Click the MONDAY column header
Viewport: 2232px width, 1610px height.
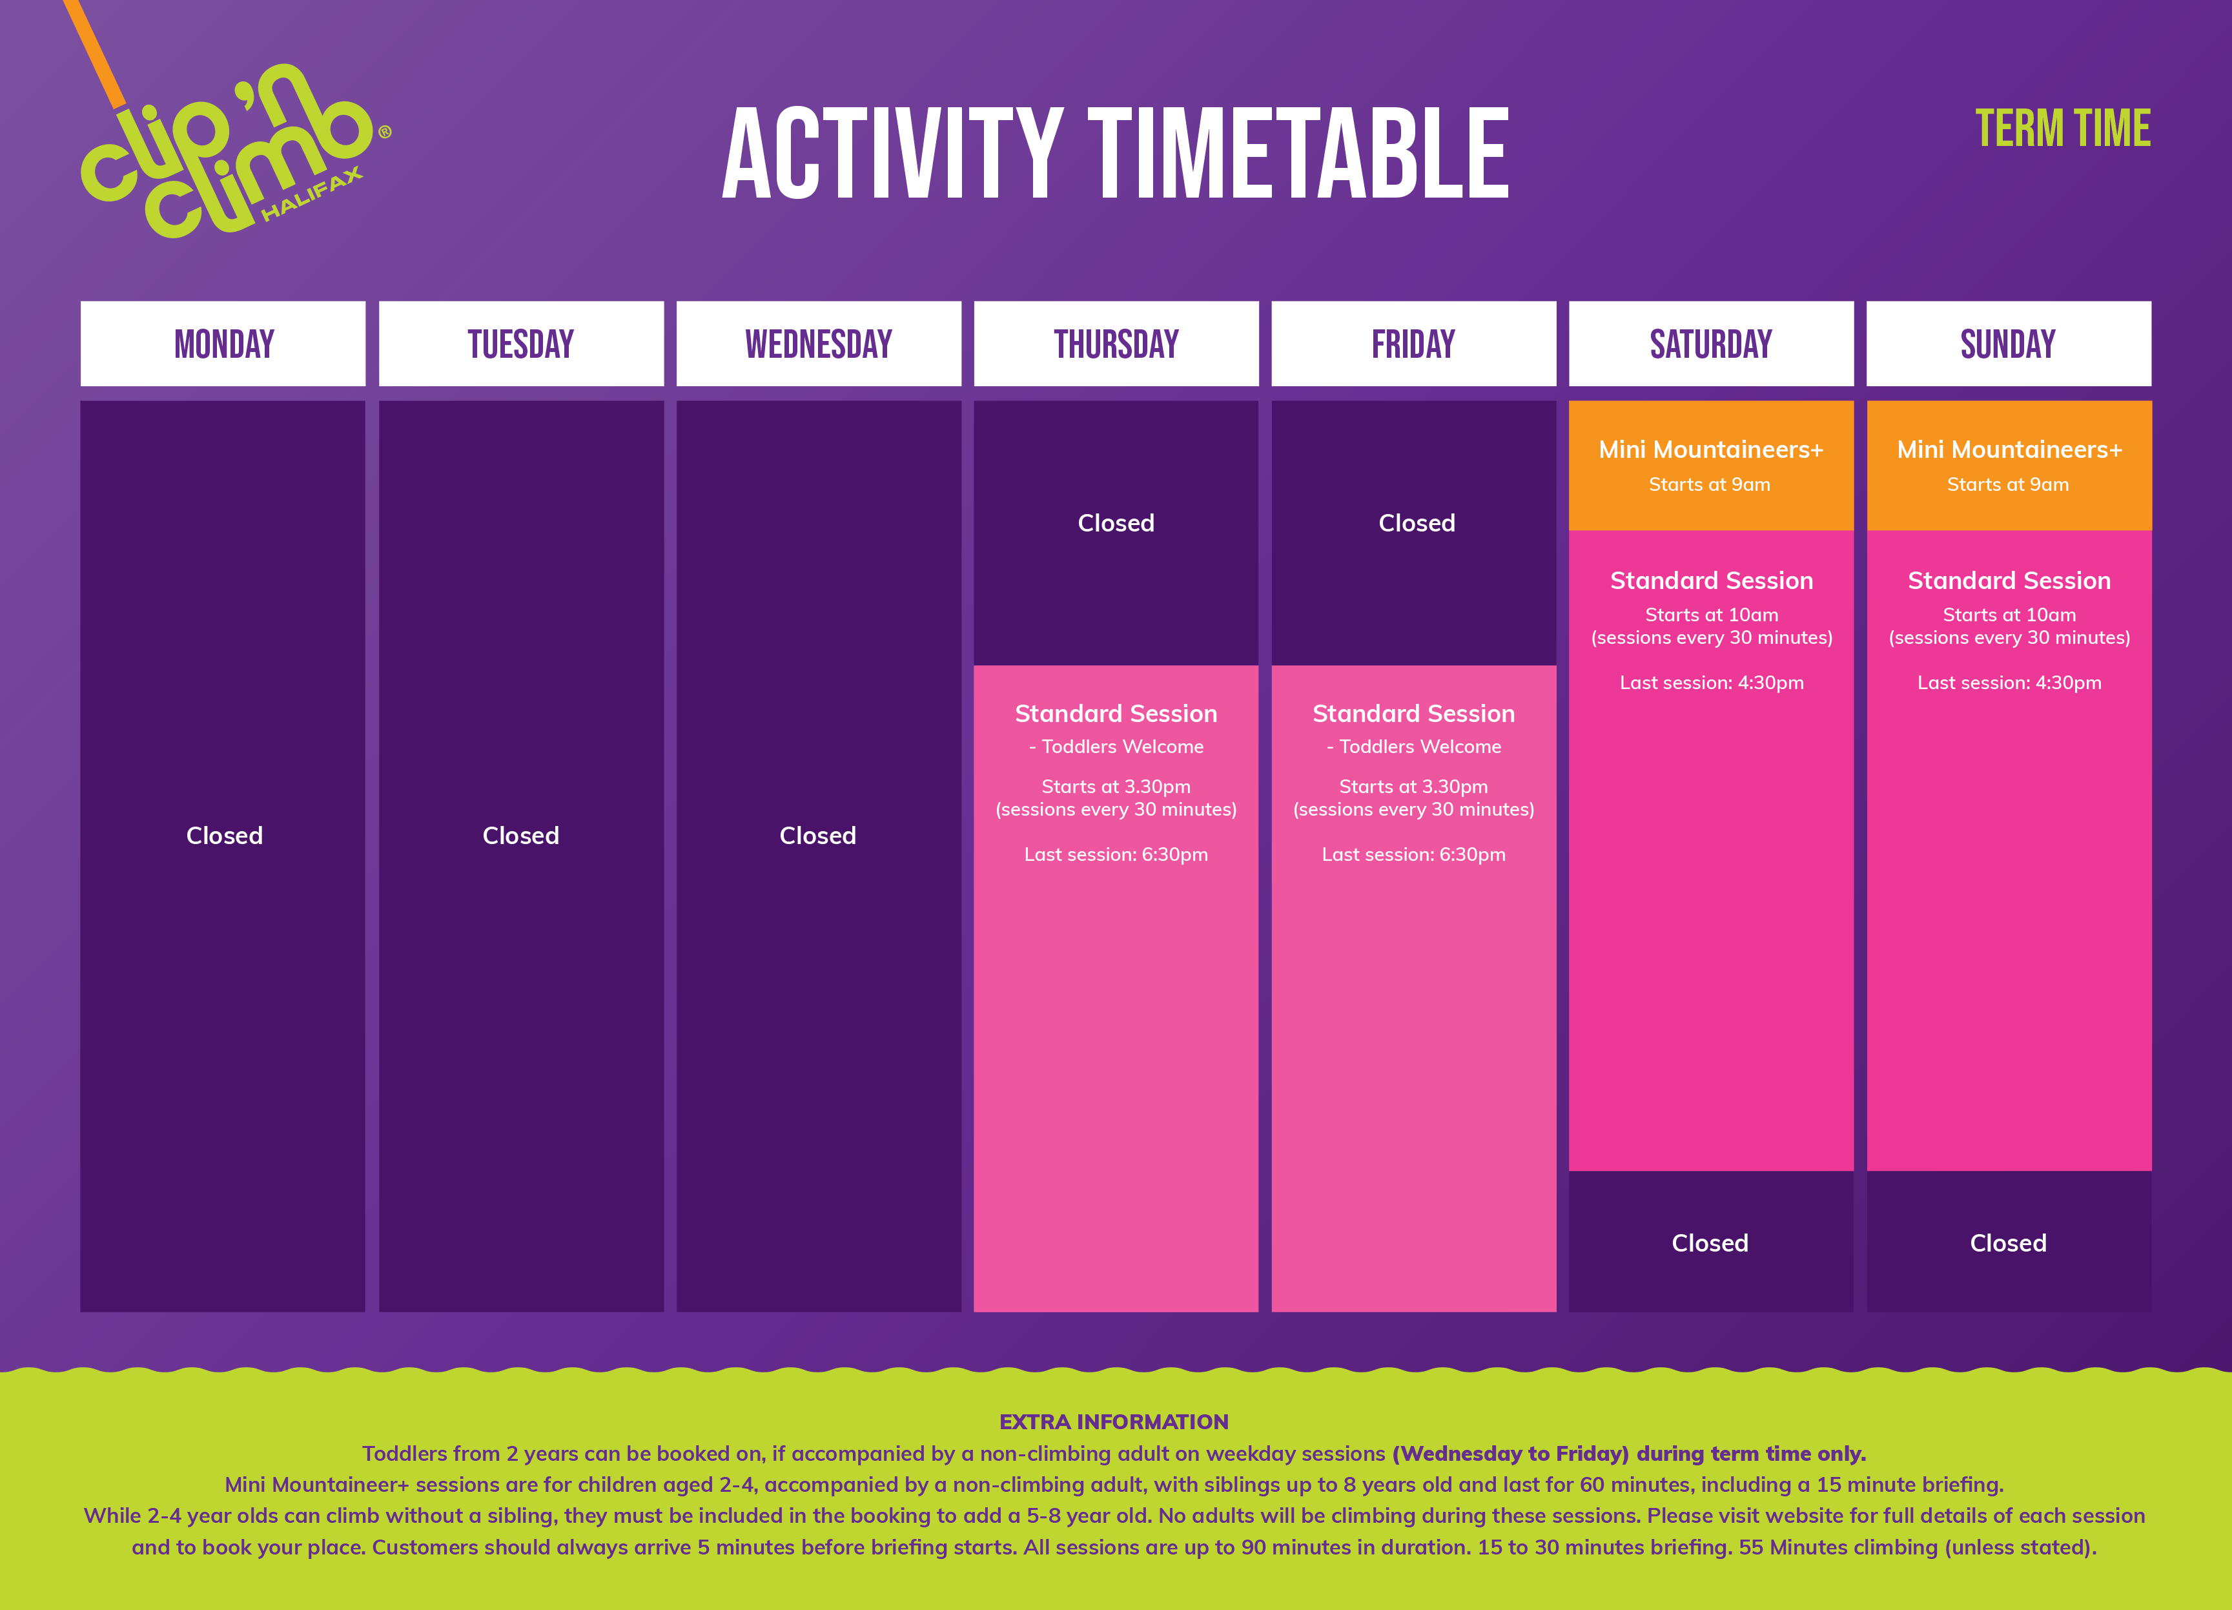223,344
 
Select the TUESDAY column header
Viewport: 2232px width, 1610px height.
520,344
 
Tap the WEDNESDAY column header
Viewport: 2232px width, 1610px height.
819,344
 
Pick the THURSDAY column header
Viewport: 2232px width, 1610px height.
1116,344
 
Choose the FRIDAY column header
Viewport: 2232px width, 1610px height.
1413,344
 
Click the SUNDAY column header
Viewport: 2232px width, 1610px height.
2009,344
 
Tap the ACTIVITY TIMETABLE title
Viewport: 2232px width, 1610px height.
1116,154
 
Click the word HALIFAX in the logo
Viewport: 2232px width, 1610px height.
313,194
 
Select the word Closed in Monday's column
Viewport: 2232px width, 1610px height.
225,836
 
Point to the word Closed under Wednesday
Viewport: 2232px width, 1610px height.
818,836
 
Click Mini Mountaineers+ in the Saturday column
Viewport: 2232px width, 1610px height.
1710,449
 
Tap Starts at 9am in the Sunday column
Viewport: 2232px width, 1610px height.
2007,484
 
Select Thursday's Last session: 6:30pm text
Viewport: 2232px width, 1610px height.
1116,854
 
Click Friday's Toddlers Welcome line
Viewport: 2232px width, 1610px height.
1413,747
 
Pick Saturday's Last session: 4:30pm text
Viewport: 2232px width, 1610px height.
1712,682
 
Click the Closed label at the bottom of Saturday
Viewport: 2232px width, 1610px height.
1710,1243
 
